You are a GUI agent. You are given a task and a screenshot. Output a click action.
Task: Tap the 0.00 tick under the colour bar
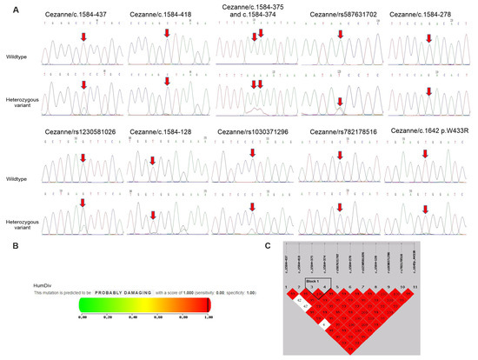[83, 318]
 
